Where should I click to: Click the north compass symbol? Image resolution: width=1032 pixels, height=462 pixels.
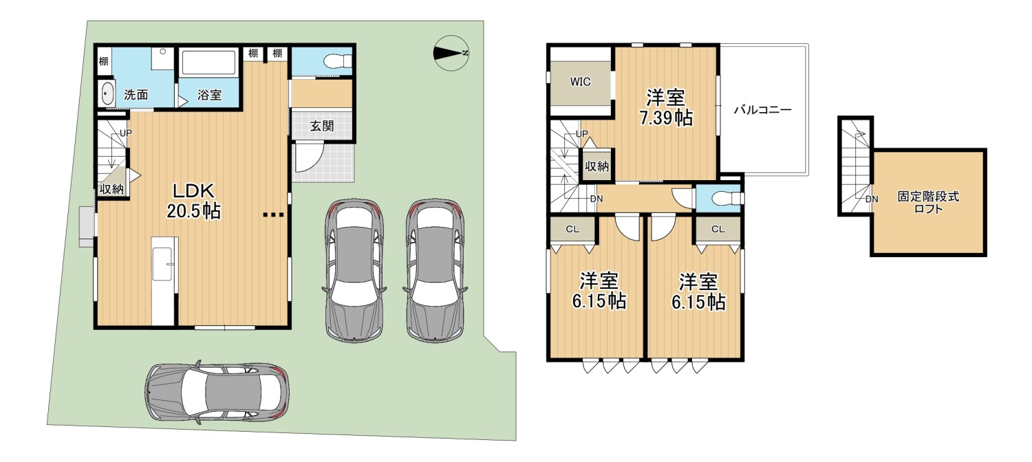pos(451,53)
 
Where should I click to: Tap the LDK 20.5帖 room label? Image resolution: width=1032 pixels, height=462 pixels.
pos(193,201)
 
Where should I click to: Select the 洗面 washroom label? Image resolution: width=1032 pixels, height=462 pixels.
pos(136,95)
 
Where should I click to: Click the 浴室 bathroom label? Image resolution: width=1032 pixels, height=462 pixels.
pos(210,95)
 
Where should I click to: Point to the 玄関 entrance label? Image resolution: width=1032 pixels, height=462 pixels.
pos(321,126)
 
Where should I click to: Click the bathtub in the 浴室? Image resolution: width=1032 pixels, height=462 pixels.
pos(208,63)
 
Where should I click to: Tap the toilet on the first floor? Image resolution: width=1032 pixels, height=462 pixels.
pos(338,61)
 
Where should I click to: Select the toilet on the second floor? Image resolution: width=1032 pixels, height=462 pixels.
pos(727,199)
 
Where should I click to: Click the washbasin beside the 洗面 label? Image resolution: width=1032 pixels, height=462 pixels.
pos(107,93)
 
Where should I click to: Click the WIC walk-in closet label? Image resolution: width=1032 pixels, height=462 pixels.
pos(580,82)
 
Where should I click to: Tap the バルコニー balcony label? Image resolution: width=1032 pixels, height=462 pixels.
pos(762,110)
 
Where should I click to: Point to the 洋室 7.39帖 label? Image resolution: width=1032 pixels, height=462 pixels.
pos(666,107)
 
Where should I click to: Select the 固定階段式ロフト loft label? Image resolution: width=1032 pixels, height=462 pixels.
pos(928,203)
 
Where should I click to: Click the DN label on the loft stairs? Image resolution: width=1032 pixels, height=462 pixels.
pos(871,199)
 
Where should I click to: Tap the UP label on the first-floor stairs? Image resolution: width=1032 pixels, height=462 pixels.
pos(126,133)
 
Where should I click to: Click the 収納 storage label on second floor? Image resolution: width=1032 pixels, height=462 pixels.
pos(596,166)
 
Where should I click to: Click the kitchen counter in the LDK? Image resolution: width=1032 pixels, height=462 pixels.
pos(164,281)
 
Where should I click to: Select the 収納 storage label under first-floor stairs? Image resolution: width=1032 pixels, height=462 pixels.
pos(111,188)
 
